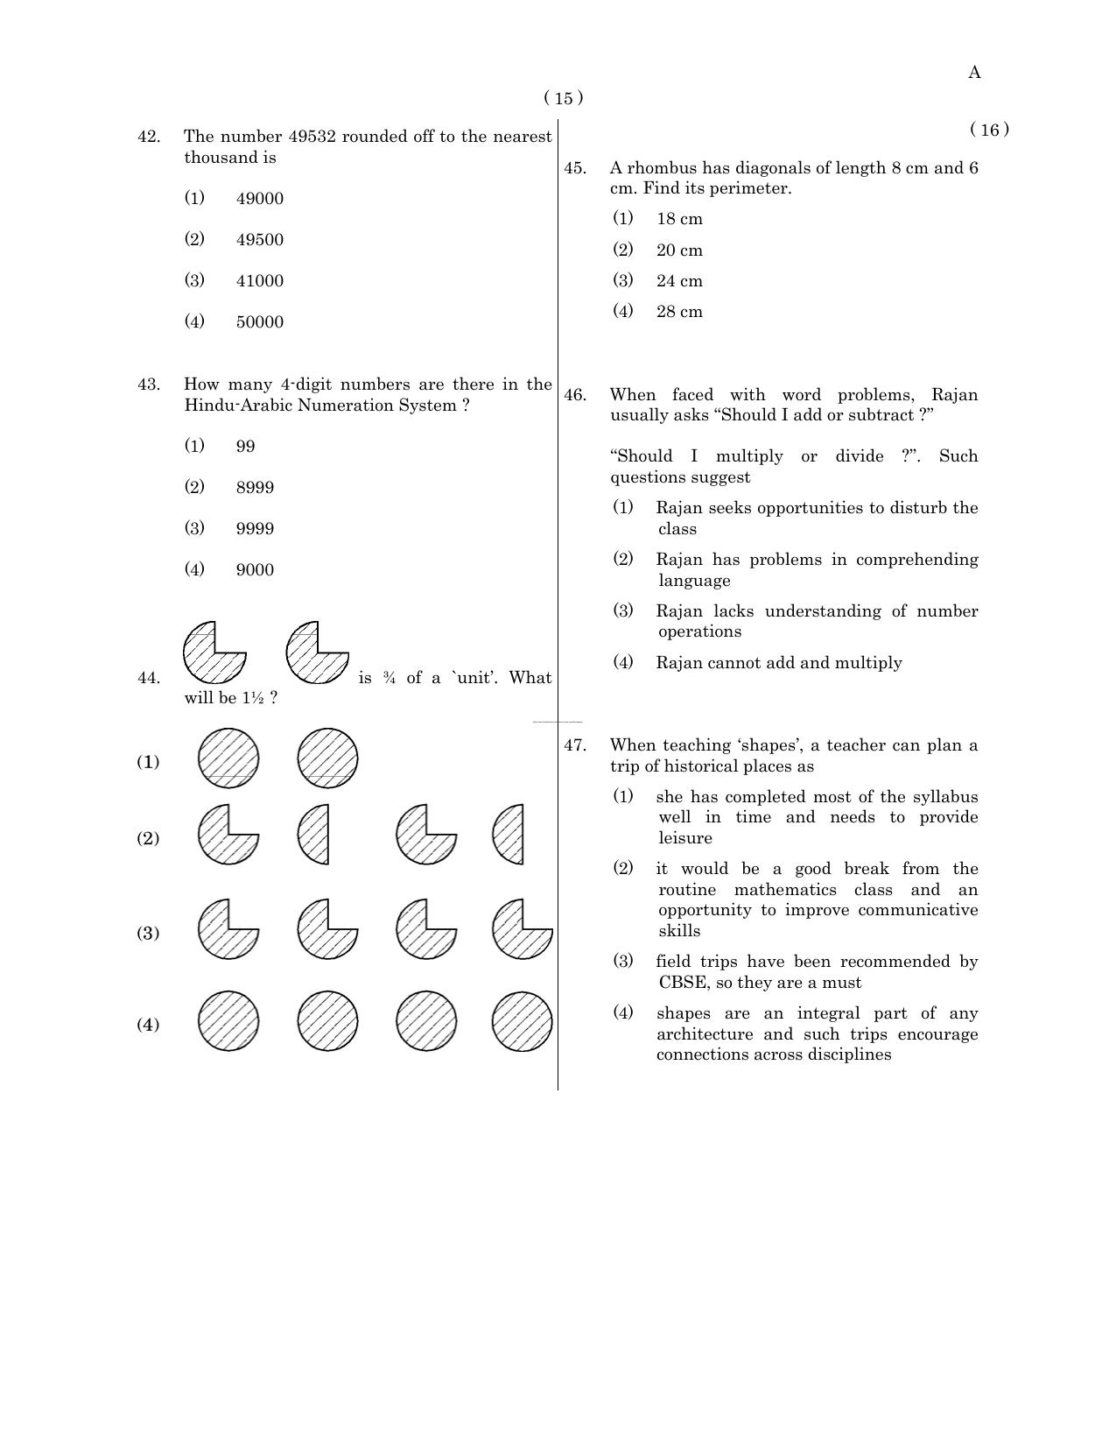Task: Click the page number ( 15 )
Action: pos(563,98)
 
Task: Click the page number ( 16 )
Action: pos(989,130)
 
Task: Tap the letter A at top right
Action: pos(974,73)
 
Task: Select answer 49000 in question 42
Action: pos(259,199)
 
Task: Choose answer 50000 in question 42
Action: pos(259,322)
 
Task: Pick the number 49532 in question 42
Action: pos(312,137)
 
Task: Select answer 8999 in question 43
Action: pos(255,488)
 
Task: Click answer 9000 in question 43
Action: pos(255,570)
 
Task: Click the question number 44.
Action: pos(149,678)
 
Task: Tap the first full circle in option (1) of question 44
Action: pos(228,758)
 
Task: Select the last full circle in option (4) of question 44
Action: pos(522,1021)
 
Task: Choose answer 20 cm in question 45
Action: pos(679,250)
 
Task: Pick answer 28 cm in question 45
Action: pos(679,312)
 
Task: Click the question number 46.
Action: pos(575,395)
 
